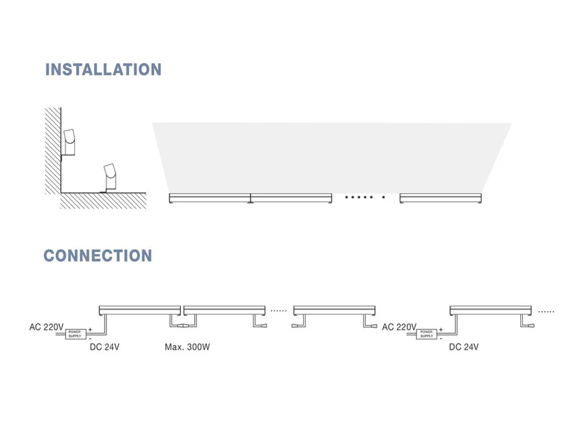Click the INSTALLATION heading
click(103, 69)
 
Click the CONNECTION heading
click(98, 255)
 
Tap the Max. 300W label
click(186, 347)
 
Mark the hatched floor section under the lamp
click(104, 201)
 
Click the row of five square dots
click(359, 197)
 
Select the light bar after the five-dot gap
click(440, 199)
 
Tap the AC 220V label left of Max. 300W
click(47, 327)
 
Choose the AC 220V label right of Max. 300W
click(399, 327)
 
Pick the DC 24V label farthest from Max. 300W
click(464, 347)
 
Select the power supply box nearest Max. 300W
click(75, 334)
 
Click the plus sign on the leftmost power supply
click(90, 329)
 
